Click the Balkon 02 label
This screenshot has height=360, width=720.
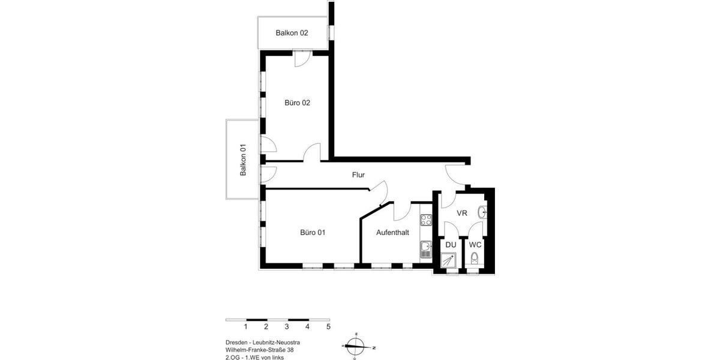click(292, 33)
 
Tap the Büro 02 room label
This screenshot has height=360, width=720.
click(297, 103)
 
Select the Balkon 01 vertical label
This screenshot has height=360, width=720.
click(244, 160)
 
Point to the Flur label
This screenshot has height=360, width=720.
click(358, 175)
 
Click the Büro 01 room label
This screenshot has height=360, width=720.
click(313, 232)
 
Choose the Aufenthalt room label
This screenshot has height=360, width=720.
click(392, 232)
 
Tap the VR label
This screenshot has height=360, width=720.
click(462, 214)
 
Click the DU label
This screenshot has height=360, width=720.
click(451, 245)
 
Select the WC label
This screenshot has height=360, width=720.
click(475, 245)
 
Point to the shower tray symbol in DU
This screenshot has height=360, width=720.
click(449, 260)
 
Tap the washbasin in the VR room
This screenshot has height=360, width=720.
click(483, 212)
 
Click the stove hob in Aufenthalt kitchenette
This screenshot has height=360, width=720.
click(426, 220)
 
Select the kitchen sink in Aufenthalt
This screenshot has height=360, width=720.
click(426, 248)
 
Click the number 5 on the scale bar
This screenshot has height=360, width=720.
click(328, 327)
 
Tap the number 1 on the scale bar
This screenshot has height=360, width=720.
click(246, 327)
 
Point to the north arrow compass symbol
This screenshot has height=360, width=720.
click(356, 346)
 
